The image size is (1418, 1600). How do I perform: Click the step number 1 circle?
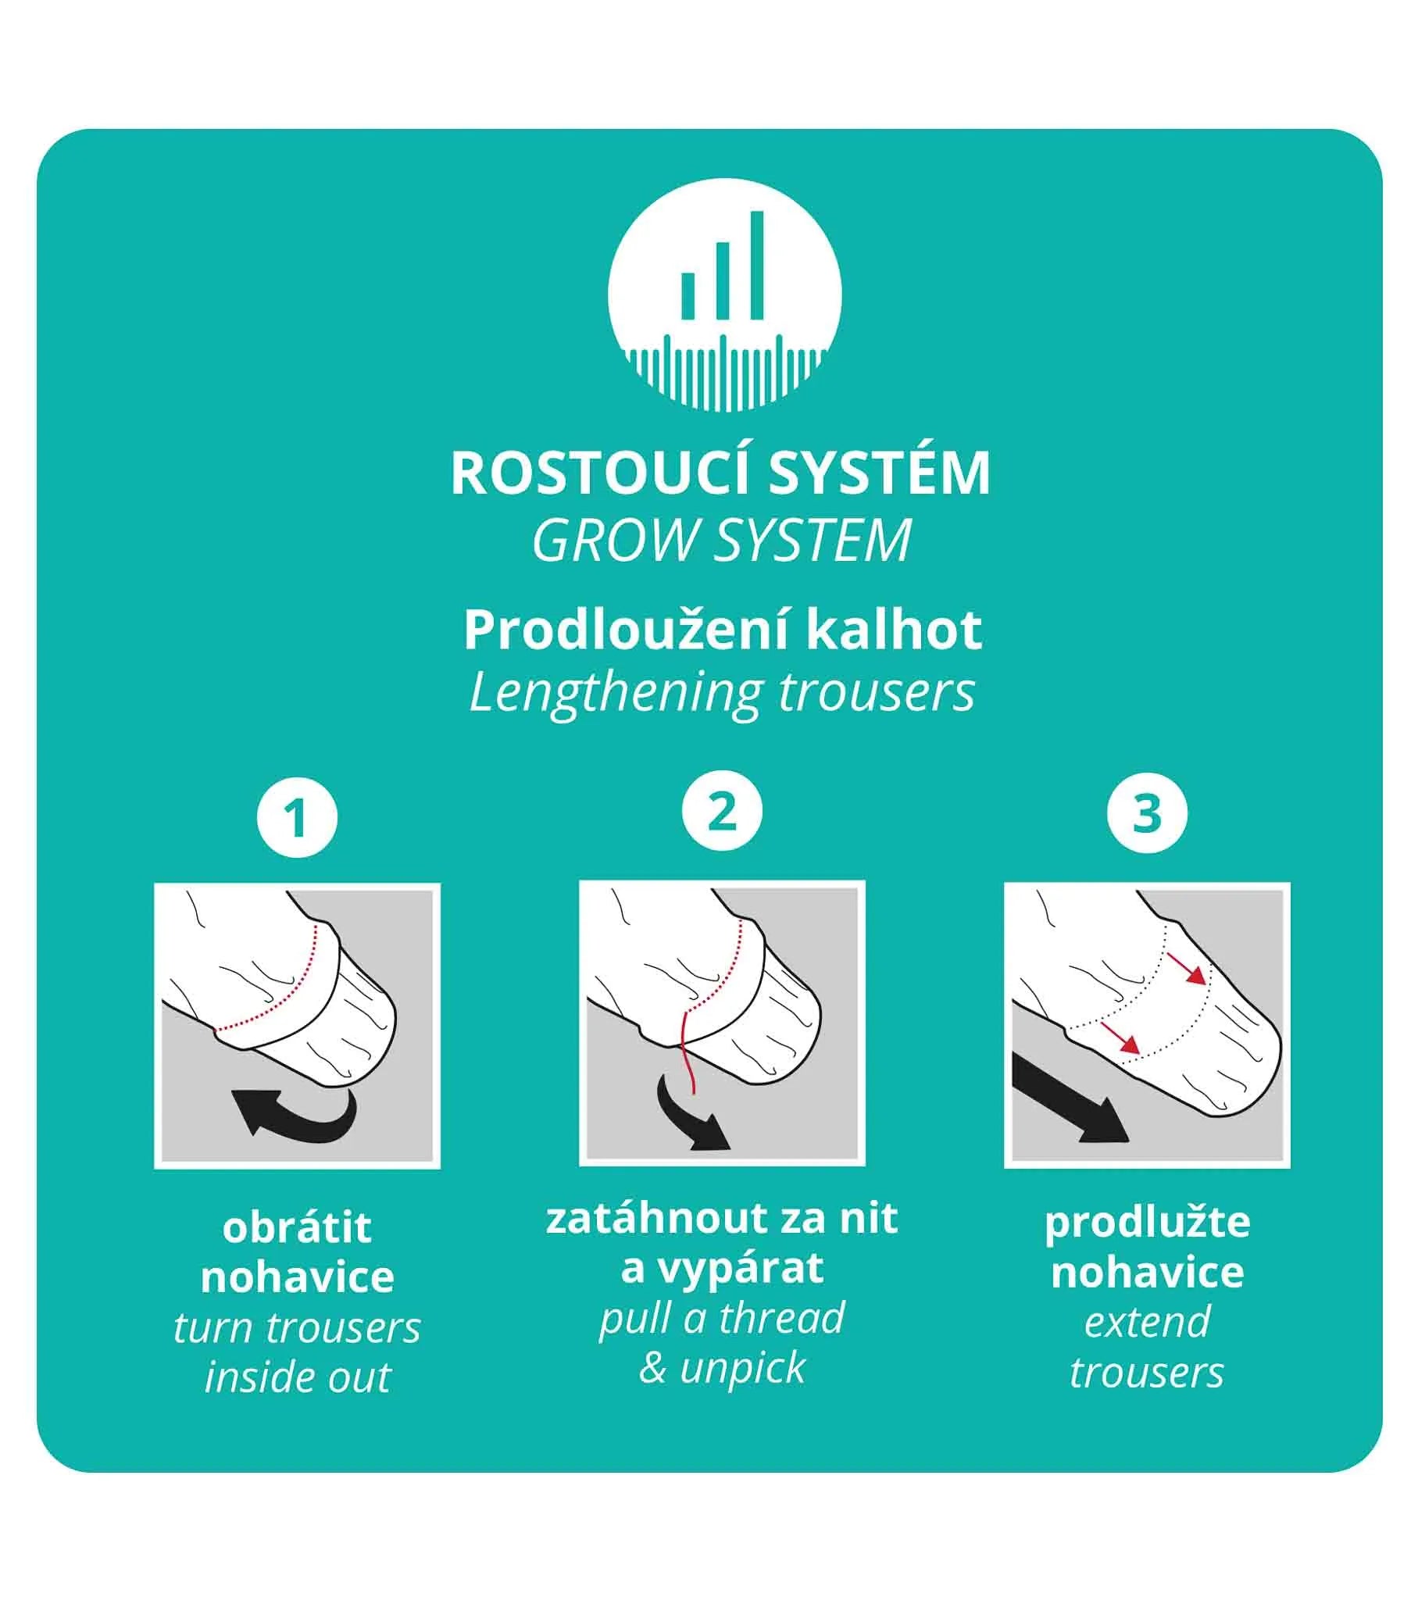297,818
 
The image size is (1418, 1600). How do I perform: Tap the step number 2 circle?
722,812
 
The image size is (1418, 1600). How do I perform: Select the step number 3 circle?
1147,813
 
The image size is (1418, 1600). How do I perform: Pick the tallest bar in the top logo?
756,266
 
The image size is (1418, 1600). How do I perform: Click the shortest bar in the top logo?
688,296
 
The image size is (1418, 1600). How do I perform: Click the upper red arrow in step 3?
1185,968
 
